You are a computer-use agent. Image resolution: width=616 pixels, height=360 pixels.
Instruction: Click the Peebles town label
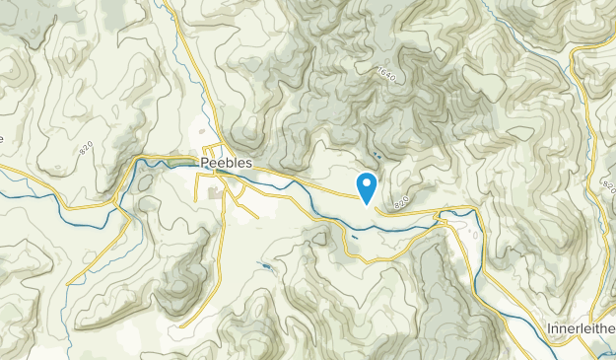(x=227, y=162)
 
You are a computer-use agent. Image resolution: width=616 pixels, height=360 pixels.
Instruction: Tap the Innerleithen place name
(x=581, y=327)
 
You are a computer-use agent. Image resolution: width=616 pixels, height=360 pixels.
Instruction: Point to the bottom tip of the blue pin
(x=367, y=204)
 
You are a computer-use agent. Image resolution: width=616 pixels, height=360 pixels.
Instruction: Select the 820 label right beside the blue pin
(x=400, y=202)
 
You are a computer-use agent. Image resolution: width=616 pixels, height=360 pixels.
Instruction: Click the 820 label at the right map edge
(x=607, y=187)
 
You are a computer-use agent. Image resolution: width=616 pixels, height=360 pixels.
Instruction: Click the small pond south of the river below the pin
(x=353, y=239)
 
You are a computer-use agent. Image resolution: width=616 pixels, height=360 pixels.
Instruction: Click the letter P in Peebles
(x=204, y=162)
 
